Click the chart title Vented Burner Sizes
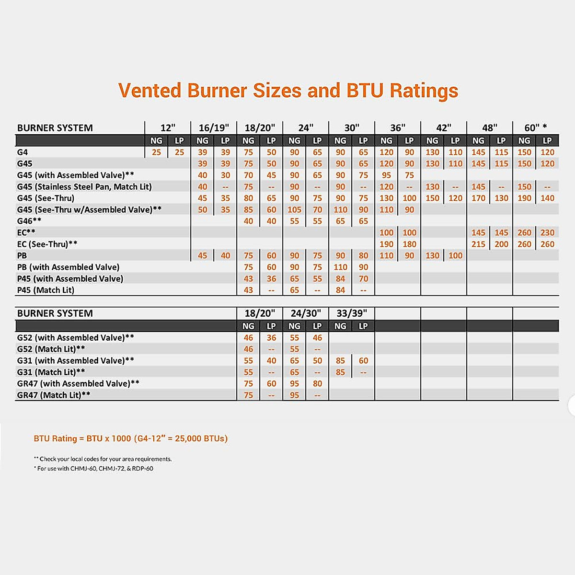click(x=288, y=91)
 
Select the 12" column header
click(x=168, y=128)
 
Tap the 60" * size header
click(x=535, y=128)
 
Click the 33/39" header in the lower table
click(x=352, y=313)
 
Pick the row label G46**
click(x=29, y=221)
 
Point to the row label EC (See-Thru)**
click(x=47, y=244)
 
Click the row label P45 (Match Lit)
click(x=46, y=290)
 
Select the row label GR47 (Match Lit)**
click(x=54, y=395)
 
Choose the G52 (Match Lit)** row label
click(x=51, y=349)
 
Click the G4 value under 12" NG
click(x=156, y=152)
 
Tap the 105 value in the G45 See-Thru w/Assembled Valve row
click(x=294, y=209)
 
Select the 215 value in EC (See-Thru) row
click(x=478, y=244)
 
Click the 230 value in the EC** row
click(x=547, y=232)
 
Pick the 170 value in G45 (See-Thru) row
click(x=478, y=198)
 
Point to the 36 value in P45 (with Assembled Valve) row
click(x=271, y=278)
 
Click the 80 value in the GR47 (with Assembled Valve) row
click(x=317, y=383)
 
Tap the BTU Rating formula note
click(x=130, y=438)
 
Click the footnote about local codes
click(x=103, y=459)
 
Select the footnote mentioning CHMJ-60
click(x=93, y=469)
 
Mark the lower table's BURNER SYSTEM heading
click(x=55, y=313)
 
